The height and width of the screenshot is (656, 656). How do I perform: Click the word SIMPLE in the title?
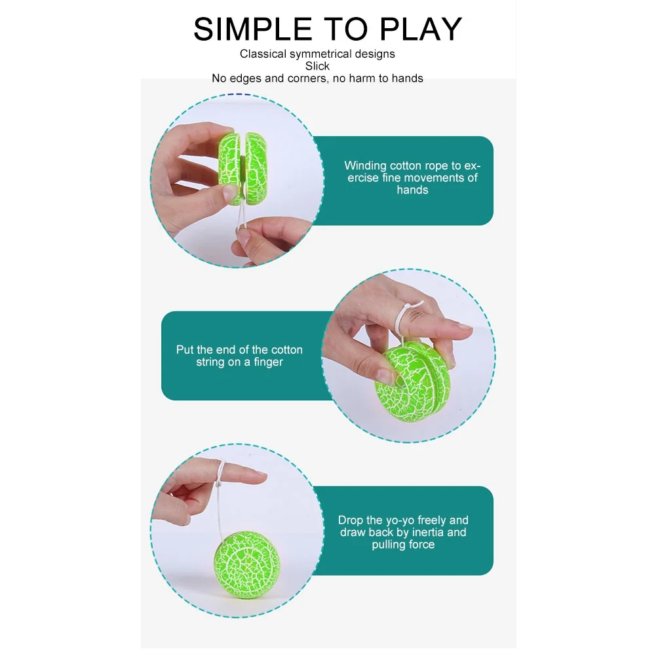[x=253, y=29]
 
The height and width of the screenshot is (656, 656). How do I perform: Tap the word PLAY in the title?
[x=421, y=29]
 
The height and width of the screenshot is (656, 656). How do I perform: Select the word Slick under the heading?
[x=317, y=66]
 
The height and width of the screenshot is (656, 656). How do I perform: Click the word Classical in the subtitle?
[x=263, y=54]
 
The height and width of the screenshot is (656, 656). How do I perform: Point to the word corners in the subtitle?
[x=307, y=79]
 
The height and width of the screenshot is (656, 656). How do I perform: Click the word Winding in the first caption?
[x=365, y=166]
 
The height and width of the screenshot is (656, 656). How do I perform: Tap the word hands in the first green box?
[x=412, y=190]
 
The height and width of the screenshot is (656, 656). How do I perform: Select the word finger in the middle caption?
[x=268, y=362]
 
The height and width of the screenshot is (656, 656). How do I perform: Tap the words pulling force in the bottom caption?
[x=403, y=545]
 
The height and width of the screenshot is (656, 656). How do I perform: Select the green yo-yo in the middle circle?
[x=412, y=382]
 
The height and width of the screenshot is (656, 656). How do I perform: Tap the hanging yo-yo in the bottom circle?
[x=247, y=565]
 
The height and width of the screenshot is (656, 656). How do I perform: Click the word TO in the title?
[x=345, y=29]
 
